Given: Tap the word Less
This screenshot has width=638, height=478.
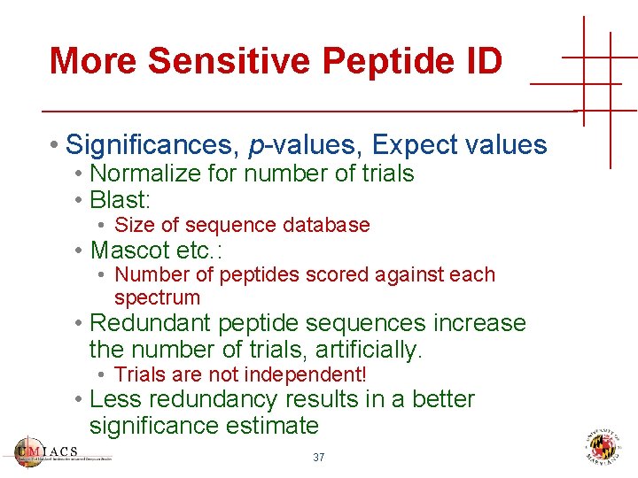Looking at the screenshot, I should [116, 399].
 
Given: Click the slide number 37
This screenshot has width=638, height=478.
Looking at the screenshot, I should [319, 458].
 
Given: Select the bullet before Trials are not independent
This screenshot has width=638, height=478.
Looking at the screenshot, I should [103, 375].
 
